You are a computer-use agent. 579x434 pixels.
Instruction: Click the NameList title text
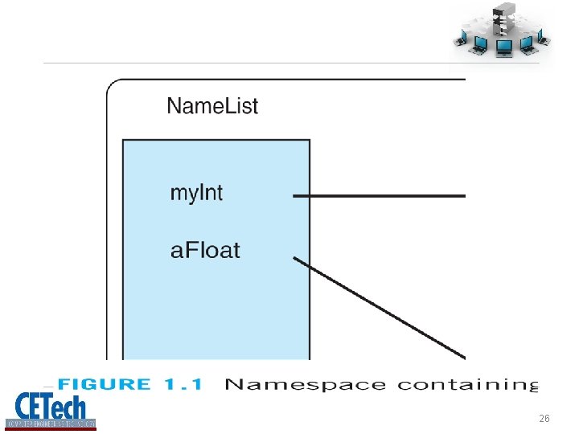[212, 105]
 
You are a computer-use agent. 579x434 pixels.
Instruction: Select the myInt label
[196, 194]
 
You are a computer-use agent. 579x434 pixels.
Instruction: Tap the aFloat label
[205, 249]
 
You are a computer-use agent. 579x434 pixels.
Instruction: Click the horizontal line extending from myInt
[378, 195]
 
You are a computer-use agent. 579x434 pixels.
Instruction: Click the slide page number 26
[544, 419]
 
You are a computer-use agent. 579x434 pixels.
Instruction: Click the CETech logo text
[51, 403]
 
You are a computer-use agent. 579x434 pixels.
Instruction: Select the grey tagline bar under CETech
[51, 422]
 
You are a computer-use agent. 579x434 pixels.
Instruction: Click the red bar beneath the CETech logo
[51, 428]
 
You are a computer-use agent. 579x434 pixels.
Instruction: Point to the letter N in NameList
[174, 105]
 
